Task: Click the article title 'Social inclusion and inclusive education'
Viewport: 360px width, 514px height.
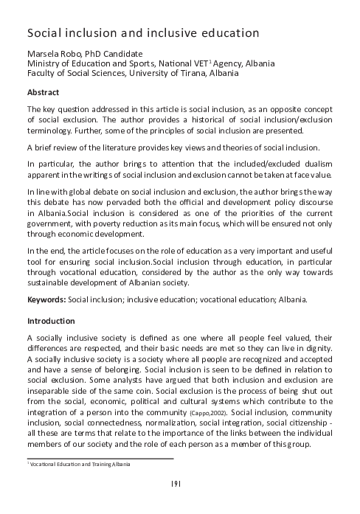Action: pyautogui.click(x=142, y=33)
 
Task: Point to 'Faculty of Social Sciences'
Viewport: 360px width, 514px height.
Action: pyautogui.click(x=77, y=74)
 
